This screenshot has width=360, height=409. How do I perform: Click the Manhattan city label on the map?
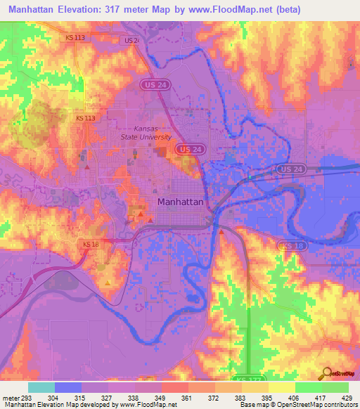pos(181,202)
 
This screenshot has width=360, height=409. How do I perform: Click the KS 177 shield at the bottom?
pos(242,377)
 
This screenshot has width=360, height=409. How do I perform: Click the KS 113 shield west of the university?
pos(84,119)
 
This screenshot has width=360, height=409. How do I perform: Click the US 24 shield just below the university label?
pos(187,150)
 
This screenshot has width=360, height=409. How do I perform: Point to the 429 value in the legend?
pos(348,397)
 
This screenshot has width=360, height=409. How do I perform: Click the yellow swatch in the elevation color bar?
pos(281,387)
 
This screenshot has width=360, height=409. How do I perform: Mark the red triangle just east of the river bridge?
pos(221,231)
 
